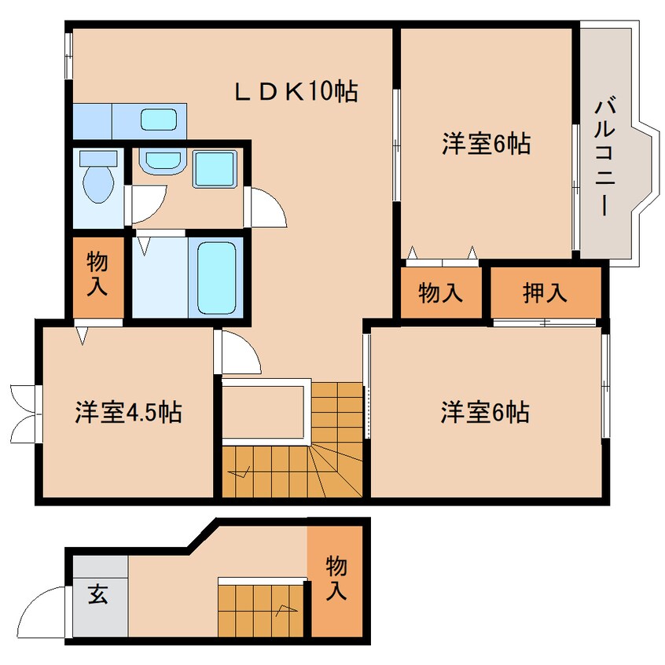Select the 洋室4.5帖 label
(128, 411)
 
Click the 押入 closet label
(545, 293)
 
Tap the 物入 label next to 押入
(439, 293)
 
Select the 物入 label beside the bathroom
(97, 274)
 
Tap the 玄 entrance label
(97, 595)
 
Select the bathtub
(216, 276)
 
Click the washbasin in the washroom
(160, 161)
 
